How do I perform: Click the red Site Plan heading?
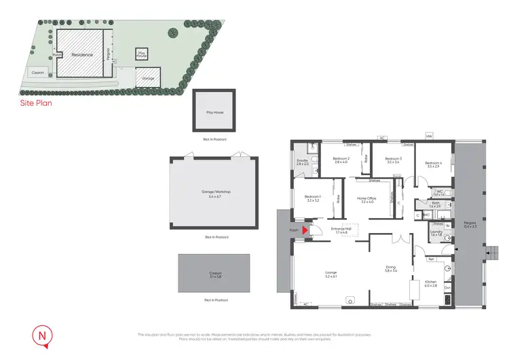pyautogui.click(x=35, y=104)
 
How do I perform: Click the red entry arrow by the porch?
pyautogui.click(x=305, y=230)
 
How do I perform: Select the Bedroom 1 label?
pyautogui.click(x=313, y=198)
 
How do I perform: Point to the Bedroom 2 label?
pyautogui.click(x=341, y=158)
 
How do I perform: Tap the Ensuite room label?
pyautogui.click(x=303, y=160)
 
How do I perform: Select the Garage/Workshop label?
pyautogui.click(x=214, y=192)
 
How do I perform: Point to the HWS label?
pyautogui.click(x=429, y=136)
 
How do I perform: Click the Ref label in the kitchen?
pyautogui.click(x=430, y=259)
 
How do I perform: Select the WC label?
pyautogui.click(x=440, y=192)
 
